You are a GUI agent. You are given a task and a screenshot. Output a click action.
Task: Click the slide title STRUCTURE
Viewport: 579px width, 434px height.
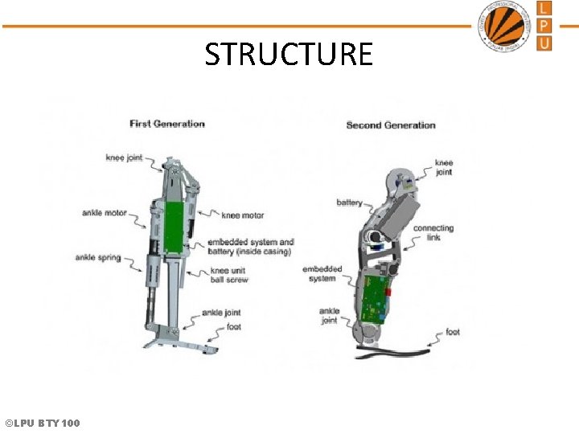289,55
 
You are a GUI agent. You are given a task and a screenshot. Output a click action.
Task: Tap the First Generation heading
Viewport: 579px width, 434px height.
167,124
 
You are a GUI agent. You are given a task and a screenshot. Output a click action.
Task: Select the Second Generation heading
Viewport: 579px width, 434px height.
390,125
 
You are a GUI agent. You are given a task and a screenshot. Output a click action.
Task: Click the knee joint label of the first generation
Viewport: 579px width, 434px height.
124,158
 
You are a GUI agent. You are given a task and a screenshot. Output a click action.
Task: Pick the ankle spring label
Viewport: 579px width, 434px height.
97,258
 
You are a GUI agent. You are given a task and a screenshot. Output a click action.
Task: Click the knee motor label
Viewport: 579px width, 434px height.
243,215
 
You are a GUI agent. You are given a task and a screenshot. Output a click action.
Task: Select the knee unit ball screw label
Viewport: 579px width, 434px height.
229,276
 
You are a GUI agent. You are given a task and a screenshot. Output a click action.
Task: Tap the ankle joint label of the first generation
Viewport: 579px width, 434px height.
221,313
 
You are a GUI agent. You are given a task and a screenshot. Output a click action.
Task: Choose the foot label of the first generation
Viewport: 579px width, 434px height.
233,327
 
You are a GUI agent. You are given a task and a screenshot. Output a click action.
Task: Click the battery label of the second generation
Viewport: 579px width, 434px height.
349,203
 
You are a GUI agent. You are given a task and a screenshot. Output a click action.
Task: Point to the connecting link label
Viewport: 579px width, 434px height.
433,233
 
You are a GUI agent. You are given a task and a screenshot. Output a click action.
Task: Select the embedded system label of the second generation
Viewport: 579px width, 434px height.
322,274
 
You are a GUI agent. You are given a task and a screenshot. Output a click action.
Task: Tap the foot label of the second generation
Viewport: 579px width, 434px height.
453,332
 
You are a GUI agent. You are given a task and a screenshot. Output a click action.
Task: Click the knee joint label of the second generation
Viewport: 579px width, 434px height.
444,167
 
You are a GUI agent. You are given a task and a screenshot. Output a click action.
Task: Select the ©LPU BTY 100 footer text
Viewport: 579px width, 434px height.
42,423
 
